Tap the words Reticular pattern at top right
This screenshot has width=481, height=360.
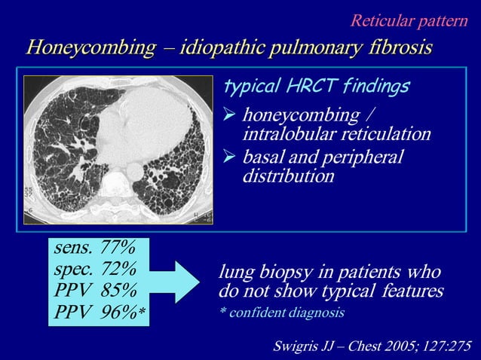click(409, 20)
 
